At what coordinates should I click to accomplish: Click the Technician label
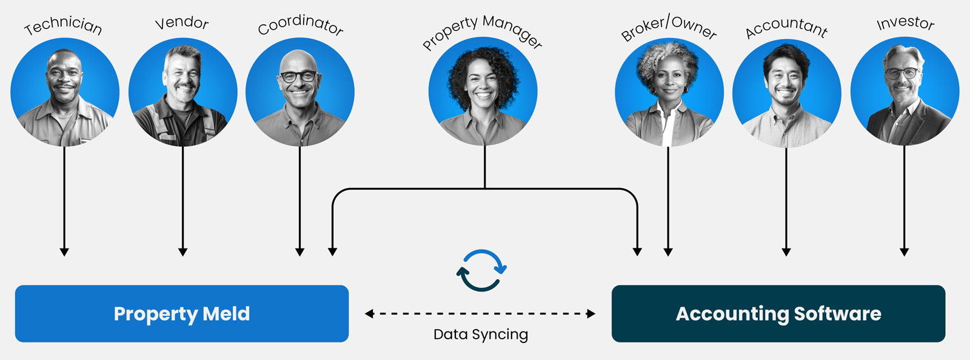click(x=63, y=25)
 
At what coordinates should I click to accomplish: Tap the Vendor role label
click(x=182, y=23)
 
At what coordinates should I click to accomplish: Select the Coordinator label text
click(x=300, y=24)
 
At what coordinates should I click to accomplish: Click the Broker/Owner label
click(x=669, y=28)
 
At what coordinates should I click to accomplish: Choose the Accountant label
click(x=786, y=27)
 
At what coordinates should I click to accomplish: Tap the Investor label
click(x=905, y=23)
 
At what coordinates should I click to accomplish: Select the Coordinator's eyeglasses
click(x=298, y=76)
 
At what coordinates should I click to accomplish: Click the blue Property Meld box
click(x=182, y=314)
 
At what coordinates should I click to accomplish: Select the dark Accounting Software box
click(x=778, y=314)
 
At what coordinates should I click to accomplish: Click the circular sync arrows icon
click(x=481, y=270)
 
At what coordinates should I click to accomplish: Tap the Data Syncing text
click(x=481, y=335)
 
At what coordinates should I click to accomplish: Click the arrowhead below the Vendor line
click(x=182, y=252)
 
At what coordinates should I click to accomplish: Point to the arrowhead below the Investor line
click(x=904, y=252)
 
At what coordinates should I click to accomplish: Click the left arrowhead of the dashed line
click(x=369, y=314)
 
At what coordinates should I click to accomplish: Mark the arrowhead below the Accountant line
click(x=786, y=252)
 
